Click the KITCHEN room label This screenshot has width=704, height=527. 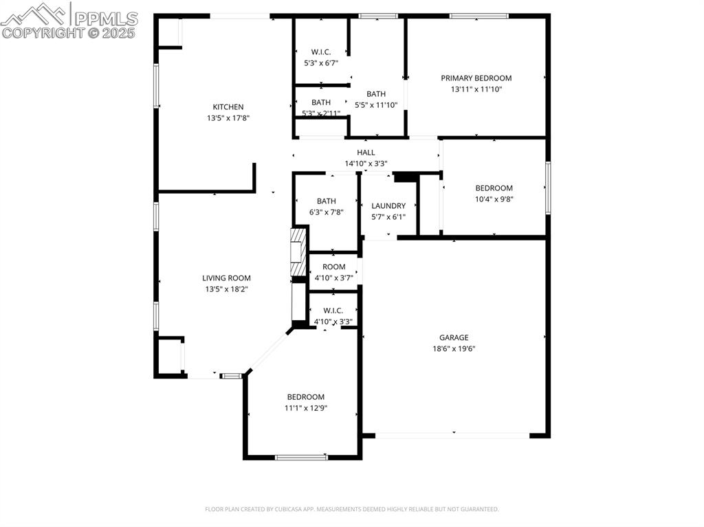pos(228,107)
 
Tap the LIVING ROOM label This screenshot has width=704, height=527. pos(226,278)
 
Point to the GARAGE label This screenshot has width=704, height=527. pos(454,337)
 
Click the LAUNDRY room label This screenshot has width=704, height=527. pos(388,205)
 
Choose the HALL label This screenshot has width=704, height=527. pos(366,153)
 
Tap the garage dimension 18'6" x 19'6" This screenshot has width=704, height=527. pos(454,348)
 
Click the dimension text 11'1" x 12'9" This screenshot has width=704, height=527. pos(306,407)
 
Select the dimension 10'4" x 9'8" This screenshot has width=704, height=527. pos(494,199)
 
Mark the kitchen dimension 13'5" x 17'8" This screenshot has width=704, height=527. pos(228,118)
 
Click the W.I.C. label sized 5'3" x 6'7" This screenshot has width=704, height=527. pos(321,52)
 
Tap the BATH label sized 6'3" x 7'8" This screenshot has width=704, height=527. pos(326,201)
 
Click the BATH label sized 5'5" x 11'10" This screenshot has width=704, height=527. pos(375,94)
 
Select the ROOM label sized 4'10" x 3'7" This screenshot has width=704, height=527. pos(333,267)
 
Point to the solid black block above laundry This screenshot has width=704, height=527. pos(406,177)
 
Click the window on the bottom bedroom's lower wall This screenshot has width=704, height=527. pos(301,457)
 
